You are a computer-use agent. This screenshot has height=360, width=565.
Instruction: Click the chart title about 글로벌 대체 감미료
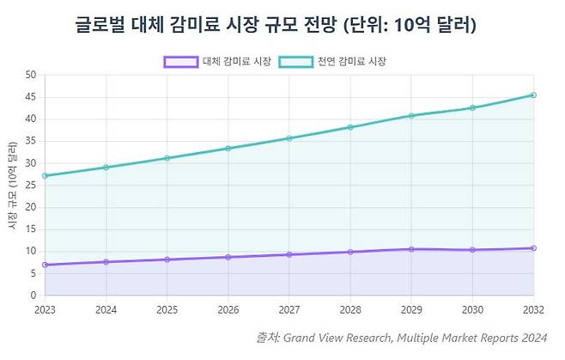(276, 26)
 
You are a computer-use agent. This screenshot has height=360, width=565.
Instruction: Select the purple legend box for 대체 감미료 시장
(180, 62)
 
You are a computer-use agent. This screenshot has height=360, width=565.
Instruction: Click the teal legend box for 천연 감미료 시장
(295, 62)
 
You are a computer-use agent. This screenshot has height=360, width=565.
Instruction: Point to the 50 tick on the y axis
(30, 75)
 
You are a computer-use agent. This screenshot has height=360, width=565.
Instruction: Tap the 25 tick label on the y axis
(30, 186)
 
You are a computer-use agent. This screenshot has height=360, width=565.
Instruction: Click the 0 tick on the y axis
(33, 296)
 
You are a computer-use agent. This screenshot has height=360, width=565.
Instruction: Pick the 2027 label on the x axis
(289, 310)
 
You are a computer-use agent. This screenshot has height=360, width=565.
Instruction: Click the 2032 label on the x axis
(533, 310)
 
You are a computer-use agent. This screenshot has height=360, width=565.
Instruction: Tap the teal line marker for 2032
(533, 95)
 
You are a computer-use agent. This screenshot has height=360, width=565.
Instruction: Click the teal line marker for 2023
(44, 175)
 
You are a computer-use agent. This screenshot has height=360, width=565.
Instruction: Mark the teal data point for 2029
(410, 115)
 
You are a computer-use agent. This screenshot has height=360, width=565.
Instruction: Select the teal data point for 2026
(228, 148)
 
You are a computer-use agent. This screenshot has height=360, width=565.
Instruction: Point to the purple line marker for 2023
(44, 265)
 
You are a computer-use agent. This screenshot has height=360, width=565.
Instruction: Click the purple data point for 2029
(410, 249)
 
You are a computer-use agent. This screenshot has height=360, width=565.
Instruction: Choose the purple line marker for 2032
(533, 248)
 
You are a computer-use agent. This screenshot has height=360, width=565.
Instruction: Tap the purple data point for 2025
(167, 259)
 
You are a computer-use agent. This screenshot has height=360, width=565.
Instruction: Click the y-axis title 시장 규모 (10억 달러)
(12, 192)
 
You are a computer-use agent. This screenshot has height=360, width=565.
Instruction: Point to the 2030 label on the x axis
(472, 310)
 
